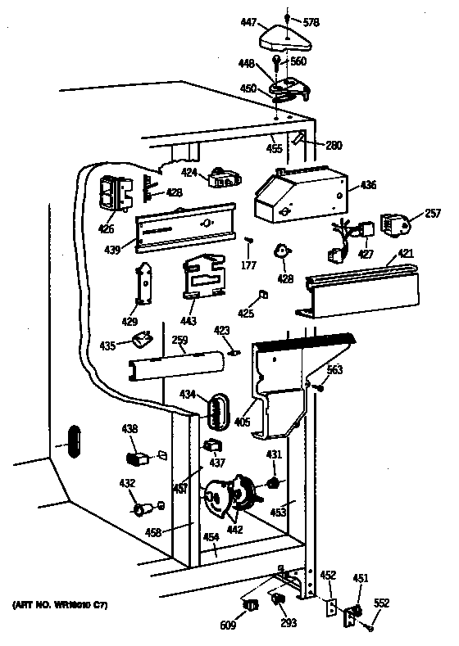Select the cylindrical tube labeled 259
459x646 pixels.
[x=175, y=364]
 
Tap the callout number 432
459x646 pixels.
[x=127, y=484]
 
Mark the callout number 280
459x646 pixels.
[x=333, y=146]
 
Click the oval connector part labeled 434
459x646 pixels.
[x=216, y=410]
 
